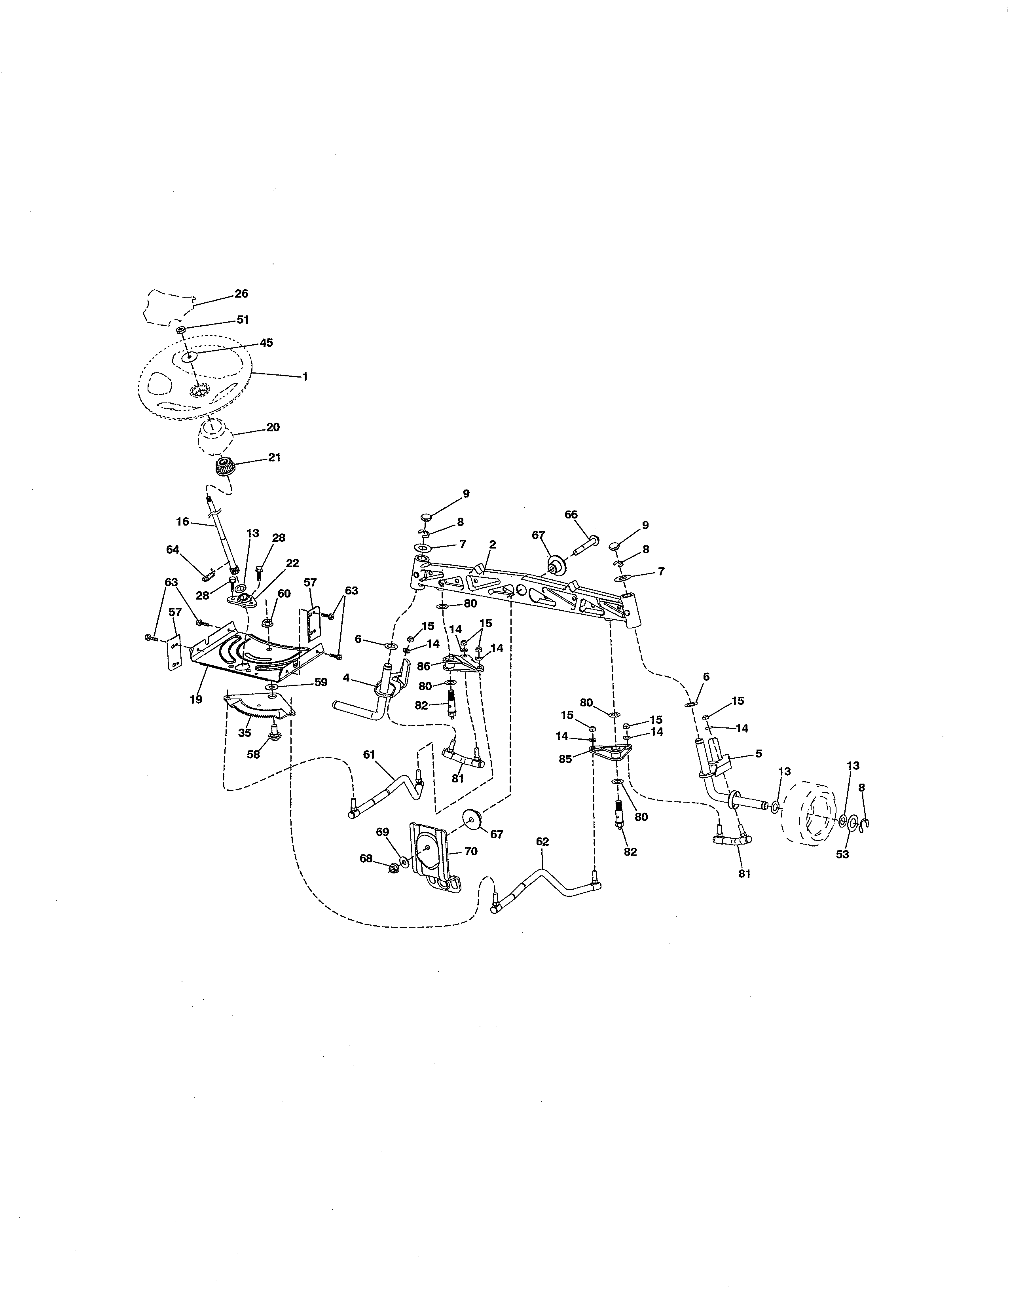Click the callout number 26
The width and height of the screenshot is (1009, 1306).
click(x=241, y=294)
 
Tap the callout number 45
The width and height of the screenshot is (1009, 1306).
click(x=266, y=343)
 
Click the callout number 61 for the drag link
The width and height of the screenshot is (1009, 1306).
click(x=369, y=755)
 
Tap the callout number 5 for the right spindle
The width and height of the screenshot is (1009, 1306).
click(x=759, y=754)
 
